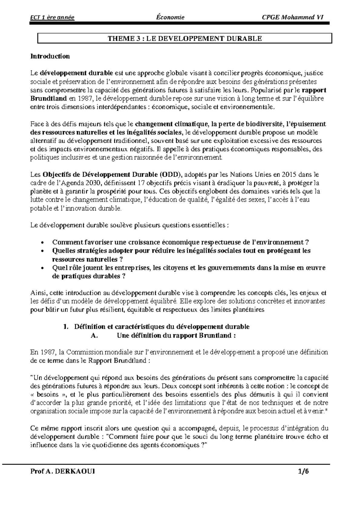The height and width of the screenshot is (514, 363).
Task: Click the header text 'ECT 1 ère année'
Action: coord(52,17)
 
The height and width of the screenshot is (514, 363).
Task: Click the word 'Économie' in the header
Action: coord(169,17)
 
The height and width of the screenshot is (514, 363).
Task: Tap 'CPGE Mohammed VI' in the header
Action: coord(292,17)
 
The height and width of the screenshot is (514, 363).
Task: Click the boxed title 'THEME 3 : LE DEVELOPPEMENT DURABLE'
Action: coord(185,38)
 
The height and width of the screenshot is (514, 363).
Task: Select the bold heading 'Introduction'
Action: coord(50,56)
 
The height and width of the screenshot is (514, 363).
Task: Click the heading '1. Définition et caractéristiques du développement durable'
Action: coord(156,327)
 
